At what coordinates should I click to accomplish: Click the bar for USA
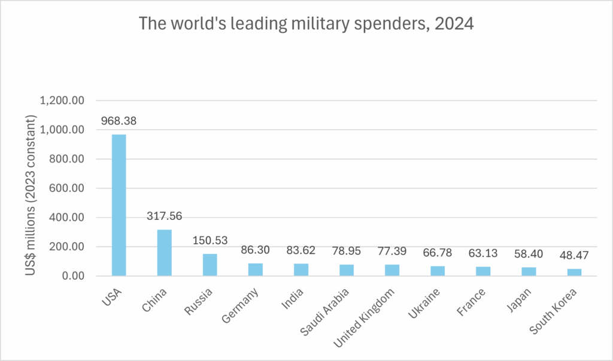click(x=119, y=205)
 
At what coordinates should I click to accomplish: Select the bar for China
click(x=165, y=253)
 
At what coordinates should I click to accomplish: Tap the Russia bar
click(x=210, y=265)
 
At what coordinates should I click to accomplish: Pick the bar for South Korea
click(x=574, y=273)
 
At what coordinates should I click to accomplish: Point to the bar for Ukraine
click(x=438, y=271)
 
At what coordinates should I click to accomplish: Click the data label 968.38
click(x=119, y=121)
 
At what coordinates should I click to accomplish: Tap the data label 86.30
click(x=256, y=250)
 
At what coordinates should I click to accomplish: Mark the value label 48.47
click(x=574, y=256)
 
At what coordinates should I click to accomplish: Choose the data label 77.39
click(x=392, y=252)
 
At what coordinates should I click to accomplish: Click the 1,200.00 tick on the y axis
click(x=63, y=100)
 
